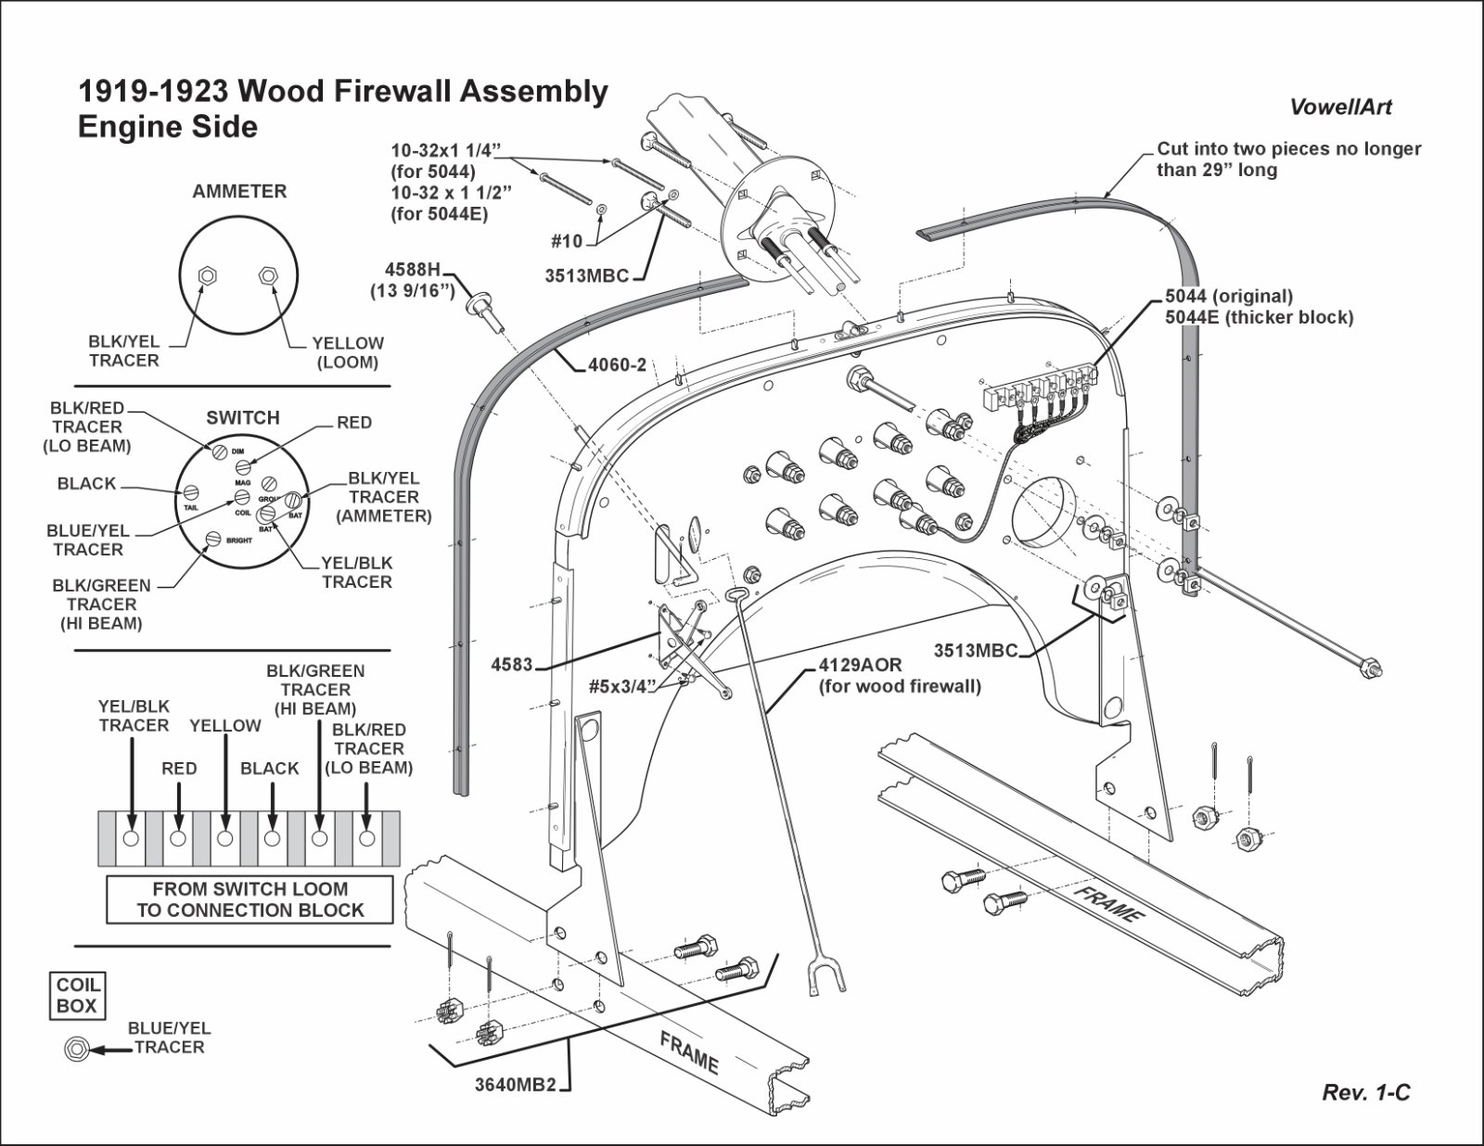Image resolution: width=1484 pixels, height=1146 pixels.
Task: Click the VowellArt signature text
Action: coord(1340,107)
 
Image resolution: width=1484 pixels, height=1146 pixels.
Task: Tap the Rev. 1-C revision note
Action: coord(1365,1093)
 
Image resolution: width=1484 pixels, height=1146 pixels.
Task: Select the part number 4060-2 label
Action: coord(617,365)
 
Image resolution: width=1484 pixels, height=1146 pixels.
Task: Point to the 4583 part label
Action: coord(511,665)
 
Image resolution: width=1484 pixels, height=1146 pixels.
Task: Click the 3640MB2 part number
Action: coord(515,1085)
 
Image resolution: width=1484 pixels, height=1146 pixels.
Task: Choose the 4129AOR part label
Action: coord(860,666)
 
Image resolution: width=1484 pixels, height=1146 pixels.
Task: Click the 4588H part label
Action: coord(413,269)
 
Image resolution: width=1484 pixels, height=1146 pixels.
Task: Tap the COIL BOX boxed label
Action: coord(77,995)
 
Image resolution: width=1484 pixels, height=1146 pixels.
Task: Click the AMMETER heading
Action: coord(239,191)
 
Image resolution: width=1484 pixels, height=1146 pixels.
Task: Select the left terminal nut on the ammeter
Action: coord(210,275)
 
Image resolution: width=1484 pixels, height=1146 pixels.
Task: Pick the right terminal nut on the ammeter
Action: coord(268,275)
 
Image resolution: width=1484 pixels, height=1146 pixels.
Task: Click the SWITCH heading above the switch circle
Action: coord(242,417)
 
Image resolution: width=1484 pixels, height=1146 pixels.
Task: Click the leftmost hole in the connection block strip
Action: coord(130,838)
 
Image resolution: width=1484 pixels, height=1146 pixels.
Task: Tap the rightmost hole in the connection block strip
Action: coord(367,838)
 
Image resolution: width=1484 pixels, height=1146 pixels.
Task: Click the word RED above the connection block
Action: coord(179,769)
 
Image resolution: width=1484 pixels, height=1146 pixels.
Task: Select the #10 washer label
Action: coord(567,242)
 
